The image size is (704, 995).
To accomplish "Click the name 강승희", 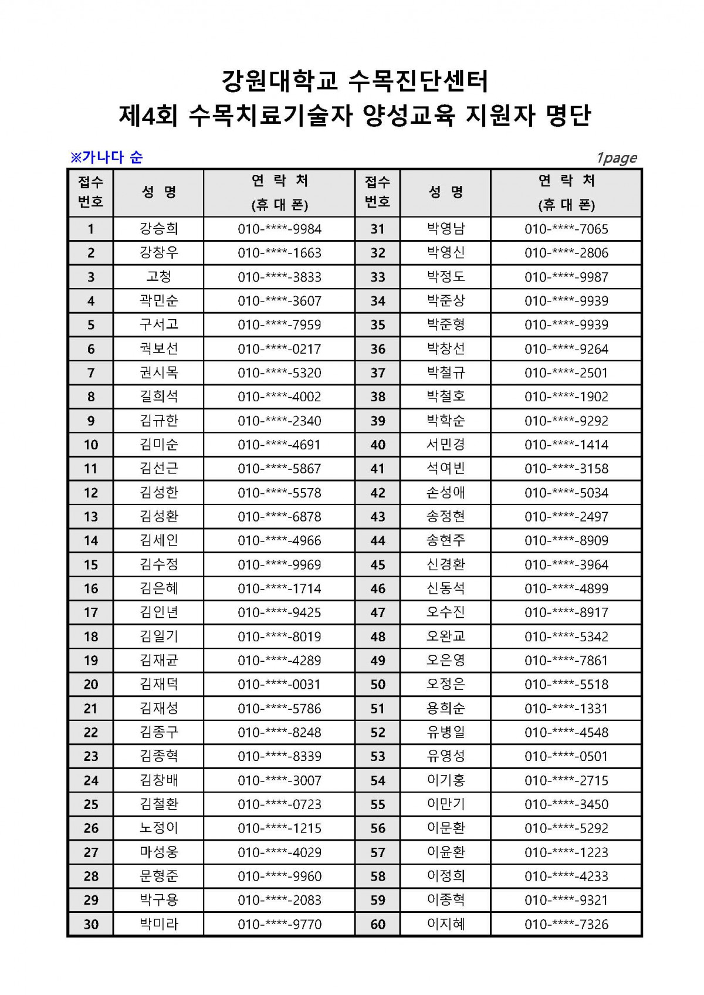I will (158, 229).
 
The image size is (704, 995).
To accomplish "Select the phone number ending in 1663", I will (279, 253).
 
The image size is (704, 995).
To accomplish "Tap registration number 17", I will (91, 612).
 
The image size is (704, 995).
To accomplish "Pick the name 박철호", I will (446, 397).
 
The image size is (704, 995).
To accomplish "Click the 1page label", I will (616, 158).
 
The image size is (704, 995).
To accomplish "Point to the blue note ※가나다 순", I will (107, 157).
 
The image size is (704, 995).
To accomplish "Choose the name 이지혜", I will (446, 924).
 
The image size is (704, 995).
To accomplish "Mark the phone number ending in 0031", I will (279, 684).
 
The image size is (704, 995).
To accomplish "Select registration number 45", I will (378, 564).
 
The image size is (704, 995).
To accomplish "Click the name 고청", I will (158, 277).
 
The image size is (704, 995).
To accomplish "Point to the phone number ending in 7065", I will (566, 229).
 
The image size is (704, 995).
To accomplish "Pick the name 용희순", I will (446, 708).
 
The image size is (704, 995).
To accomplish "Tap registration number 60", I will (378, 924).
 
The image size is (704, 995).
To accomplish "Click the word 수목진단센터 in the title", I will (418, 81).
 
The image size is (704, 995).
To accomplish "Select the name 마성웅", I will (158, 852).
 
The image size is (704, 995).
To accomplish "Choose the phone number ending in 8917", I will (566, 612).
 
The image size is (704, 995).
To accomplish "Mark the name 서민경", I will (446, 445).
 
